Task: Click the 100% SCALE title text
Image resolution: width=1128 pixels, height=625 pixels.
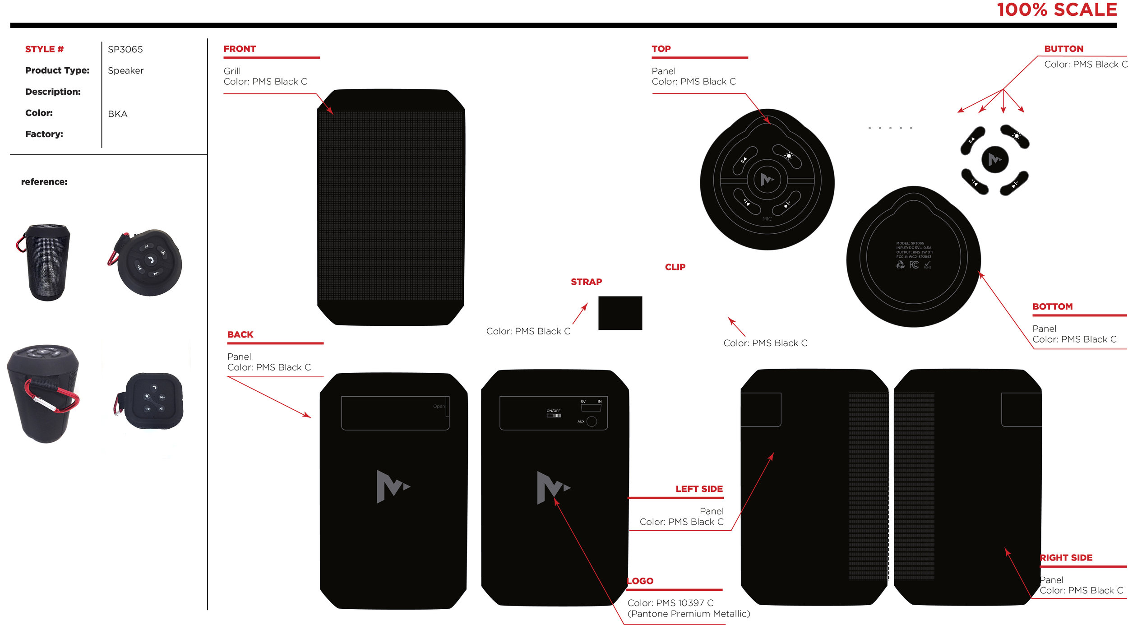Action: [x=1056, y=10]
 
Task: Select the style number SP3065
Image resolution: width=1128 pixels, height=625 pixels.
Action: [x=125, y=49]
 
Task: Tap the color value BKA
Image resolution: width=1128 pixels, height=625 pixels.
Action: [x=117, y=114]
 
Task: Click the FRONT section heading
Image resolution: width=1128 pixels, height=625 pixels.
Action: [x=240, y=49]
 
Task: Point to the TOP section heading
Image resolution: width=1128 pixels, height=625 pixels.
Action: [x=661, y=49]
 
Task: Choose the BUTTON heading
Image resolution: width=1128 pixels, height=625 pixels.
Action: [x=1063, y=49]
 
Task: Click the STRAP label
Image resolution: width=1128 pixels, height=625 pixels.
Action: [x=586, y=282]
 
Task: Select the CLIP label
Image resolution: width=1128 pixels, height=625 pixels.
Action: [x=675, y=267]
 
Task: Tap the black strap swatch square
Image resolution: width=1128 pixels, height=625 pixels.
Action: [x=620, y=313]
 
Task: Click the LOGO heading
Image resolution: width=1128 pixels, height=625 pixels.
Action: [x=640, y=581]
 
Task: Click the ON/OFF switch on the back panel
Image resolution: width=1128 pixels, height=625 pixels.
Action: [x=554, y=415]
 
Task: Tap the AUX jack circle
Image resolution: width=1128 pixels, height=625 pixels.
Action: [x=592, y=421]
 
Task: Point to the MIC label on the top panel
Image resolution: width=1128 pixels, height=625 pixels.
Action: [x=767, y=219]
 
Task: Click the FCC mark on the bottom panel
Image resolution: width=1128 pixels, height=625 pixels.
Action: [x=914, y=265]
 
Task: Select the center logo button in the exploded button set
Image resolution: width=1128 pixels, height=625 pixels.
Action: [x=994, y=159]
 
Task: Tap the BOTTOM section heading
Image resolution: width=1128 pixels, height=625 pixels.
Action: [x=1052, y=306]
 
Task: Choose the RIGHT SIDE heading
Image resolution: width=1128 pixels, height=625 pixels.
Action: [x=1066, y=558]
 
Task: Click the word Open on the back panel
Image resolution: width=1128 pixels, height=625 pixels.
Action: [x=439, y=406]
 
